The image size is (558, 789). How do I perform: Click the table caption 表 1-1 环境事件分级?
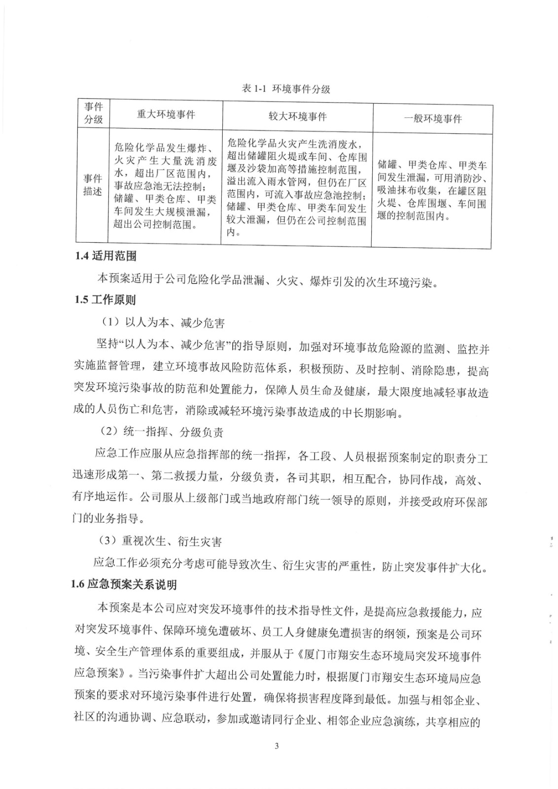[286, 89]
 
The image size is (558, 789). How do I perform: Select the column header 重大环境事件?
[166, 115]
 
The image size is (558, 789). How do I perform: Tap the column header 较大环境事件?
[297, 116]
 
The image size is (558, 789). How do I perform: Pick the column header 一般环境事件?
[432, 118]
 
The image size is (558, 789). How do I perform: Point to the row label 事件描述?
[93, 185]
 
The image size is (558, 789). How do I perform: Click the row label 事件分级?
[93, 113]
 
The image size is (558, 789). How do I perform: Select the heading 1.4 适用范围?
[105, 256]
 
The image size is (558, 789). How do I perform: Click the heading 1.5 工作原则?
[105, 299]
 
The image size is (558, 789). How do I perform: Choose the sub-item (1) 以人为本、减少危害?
[163, 323]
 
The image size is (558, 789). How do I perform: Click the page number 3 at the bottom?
[277, 746]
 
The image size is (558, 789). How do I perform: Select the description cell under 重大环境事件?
[165, 186]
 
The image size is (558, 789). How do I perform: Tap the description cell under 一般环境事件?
[432, 190]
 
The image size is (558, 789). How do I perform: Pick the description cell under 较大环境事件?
[297, 187]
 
